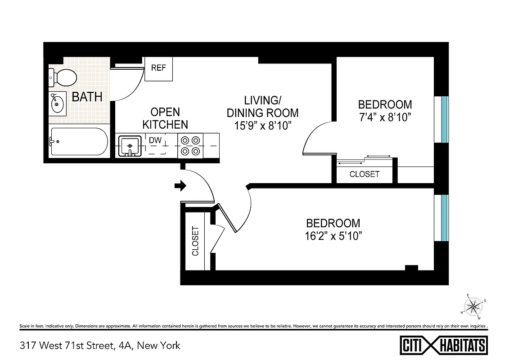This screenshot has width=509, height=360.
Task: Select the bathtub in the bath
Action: click(x=79, y=141)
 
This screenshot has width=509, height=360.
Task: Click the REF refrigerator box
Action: click(x=158, y=68)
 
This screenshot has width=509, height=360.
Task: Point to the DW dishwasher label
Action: click(x=155, y=140)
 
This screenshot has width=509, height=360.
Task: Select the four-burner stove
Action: click(x=190, y=145)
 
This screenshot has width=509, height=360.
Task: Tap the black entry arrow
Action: click(x=180, y=186)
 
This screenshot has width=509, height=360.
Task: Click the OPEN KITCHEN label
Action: click(x=165, y=118)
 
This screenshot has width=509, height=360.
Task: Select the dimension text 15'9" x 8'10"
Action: click(x=262, y=126)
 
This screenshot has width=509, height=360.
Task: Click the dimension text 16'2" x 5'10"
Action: click(x=333, y=236)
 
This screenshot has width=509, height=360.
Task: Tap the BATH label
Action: click(x=87, y=97)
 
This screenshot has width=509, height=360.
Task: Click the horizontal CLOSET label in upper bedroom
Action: click(x=365, y=174)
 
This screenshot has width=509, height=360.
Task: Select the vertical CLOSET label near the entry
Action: click(x=195, y=241)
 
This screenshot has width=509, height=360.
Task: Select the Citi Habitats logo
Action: click(x=444, y=345)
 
